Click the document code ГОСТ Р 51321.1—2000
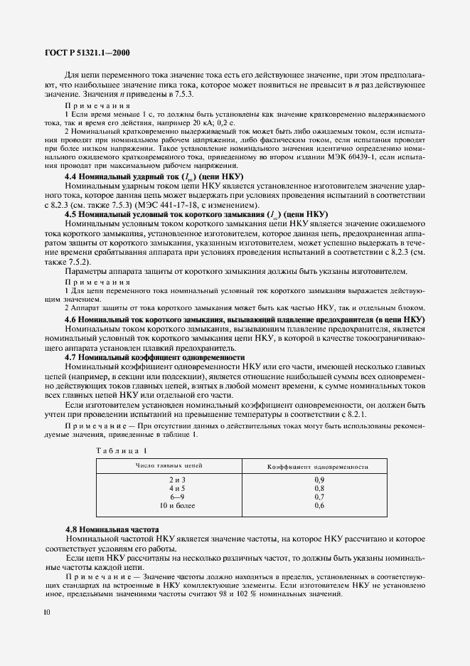coord(84,52)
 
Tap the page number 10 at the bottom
coord(46,612)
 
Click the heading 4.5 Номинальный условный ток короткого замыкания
coord(196,213)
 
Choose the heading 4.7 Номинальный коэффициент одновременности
coord(154,357)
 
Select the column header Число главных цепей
coord(169,466)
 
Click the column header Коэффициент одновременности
coord(317,467)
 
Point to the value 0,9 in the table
coord(319,481)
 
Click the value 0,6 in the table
coord(319,505)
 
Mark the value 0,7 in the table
coord(319,497)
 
